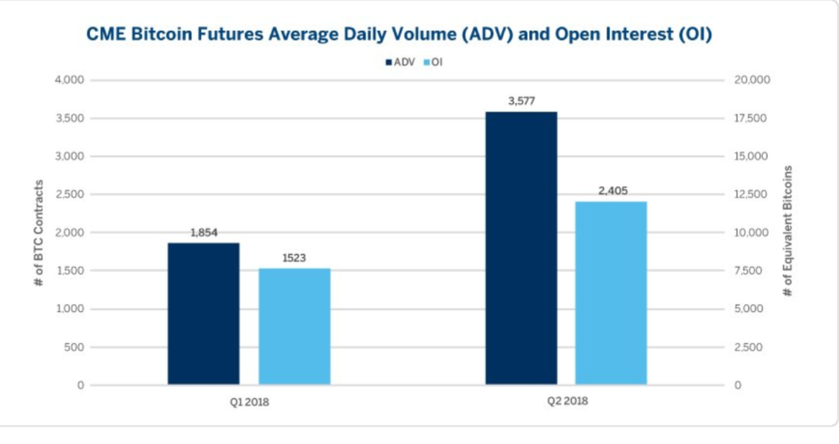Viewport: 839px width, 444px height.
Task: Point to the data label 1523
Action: [x=294, y=257]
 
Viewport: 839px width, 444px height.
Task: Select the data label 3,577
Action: [x=520, y=101]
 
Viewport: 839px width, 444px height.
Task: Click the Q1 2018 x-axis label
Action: [x=248, y=401]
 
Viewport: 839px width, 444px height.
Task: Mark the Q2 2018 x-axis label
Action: [x=566, y=401]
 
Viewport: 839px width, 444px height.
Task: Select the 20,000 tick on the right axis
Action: [x=751, y=80]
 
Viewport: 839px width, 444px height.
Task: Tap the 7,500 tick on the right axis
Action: [x=749, y=270]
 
